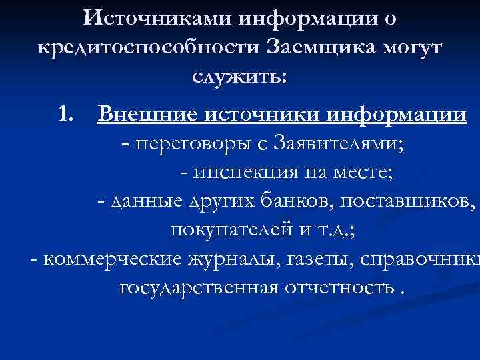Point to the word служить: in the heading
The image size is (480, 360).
(x=240, y=77)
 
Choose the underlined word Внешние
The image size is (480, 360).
(x=137, y=114)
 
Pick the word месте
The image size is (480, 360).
(x=365, y=173)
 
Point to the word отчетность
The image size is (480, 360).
(x=337, y=288)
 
